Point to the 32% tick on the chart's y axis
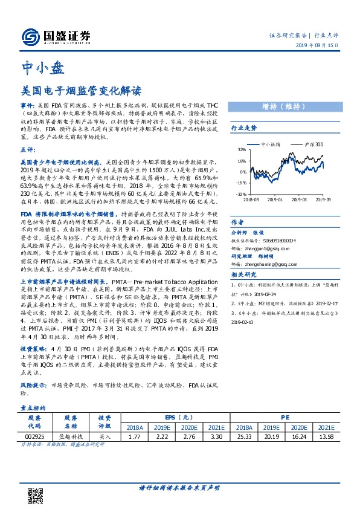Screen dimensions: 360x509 [241, 150]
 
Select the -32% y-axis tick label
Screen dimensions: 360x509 [240, 193]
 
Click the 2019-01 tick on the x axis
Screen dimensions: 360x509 [275, 198]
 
